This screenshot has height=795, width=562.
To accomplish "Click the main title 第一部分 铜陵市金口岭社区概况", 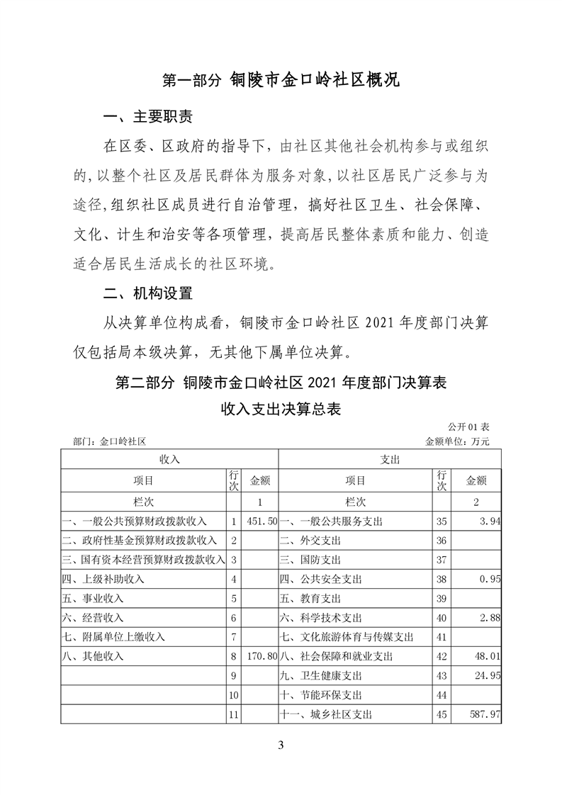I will pyautogui.click(x=281, y=80).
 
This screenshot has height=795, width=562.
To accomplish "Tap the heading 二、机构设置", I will pyautogui.click(x=147, y=292).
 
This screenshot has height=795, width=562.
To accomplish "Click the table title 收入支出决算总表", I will pyautogui.click(x=281, y=410).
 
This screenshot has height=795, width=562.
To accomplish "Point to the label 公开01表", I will pyautogui.click(x=468, y=428).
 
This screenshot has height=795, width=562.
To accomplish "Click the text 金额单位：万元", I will pyautogui.click(x=457, y=441).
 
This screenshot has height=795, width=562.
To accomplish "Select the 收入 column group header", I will pyautogui.click(x=169, y=459).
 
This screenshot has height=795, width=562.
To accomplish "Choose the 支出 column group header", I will pyautogui.click(x=390, y=459).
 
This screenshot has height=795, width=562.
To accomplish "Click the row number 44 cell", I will pyautogui.click(x=443, y=695).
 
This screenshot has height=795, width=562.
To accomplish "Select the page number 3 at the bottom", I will pyautogui.click(x=281, y=745).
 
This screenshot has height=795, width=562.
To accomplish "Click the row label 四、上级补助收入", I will pyautogui.click(x=103, y=579).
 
